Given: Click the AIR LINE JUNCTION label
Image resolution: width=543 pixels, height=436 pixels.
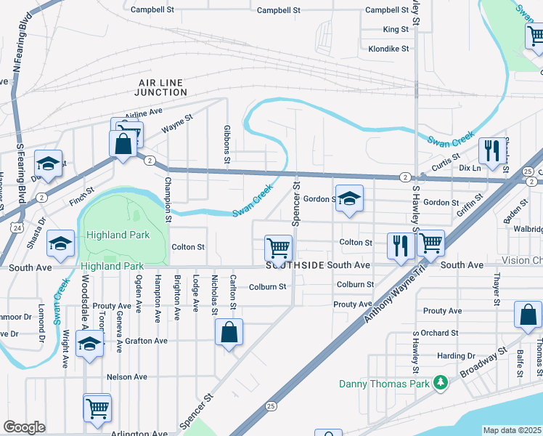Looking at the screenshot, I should tap(162, 88).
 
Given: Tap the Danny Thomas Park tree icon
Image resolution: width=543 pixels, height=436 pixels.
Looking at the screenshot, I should tap(440, 382).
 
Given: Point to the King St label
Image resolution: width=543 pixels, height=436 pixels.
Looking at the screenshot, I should tap(396, 30).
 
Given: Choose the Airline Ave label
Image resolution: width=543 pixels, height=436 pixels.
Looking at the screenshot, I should tap(144, 113).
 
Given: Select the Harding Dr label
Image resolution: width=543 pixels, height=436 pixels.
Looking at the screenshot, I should tap(456, 356).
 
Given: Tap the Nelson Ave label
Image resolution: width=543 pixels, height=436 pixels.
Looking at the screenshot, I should tap(127, 377).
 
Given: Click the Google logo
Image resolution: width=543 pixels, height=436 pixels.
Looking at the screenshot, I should tap(24, 427).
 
